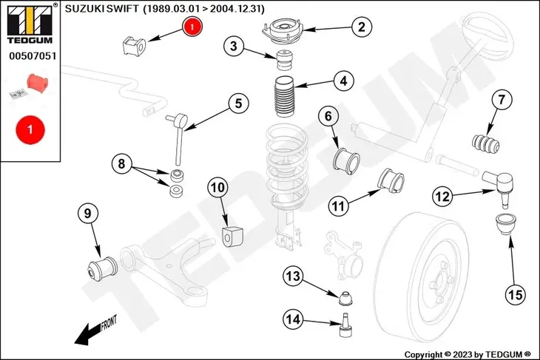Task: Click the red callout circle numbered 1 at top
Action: pyautogui.click(x=191, y=27)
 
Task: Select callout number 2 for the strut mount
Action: pyautogui.click(x=360, y=27)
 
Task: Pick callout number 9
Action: pyautogui.click(x=342, y=81)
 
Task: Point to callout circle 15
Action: pyautogui.click(x=238, y=103)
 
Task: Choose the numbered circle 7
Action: pyautogui.click(x=501, y=99)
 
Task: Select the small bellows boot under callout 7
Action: pyautogui.click(x=484, y=142)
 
